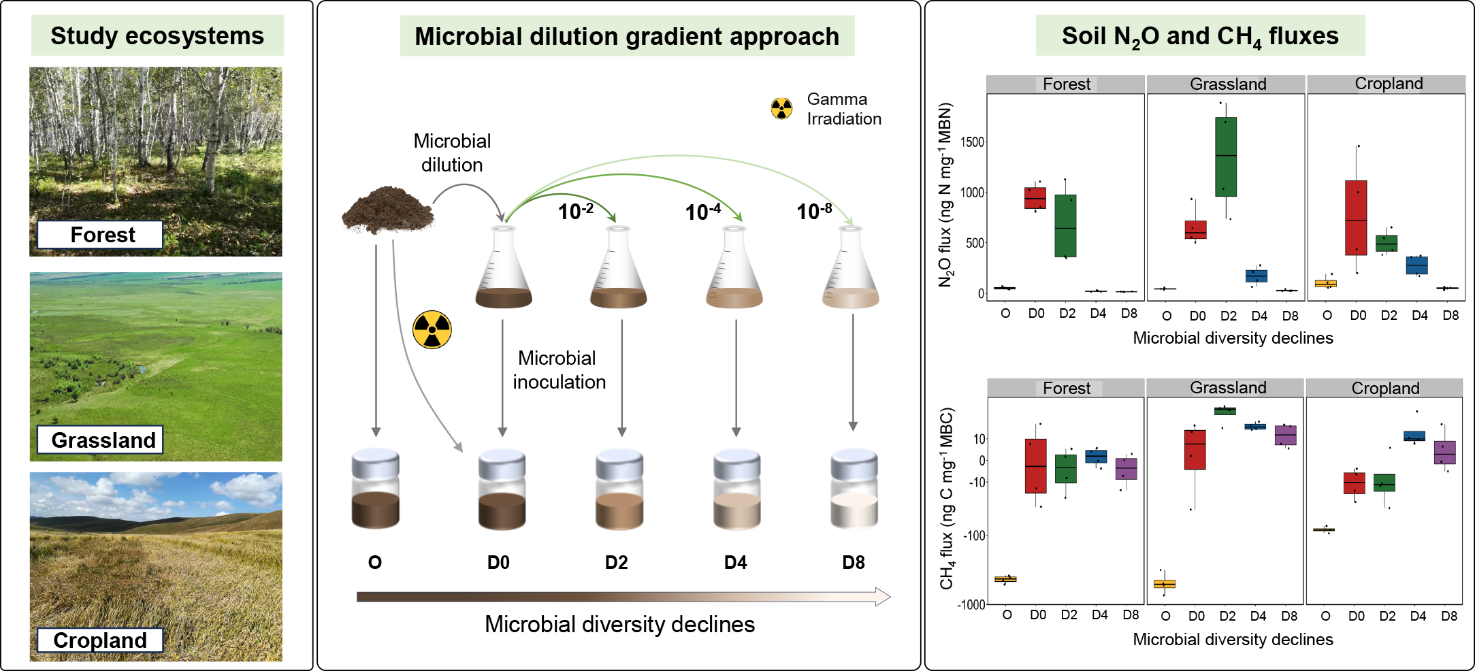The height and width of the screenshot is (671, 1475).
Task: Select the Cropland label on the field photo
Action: [100, 640]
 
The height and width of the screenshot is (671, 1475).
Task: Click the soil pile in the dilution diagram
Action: [388, 210]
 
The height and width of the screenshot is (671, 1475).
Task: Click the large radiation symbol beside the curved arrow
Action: [432, 329]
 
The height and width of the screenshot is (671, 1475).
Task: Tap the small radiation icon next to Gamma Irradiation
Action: [781, 108]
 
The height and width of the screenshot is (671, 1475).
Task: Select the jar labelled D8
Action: [854, 489]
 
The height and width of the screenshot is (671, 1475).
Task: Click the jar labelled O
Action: [375, 489]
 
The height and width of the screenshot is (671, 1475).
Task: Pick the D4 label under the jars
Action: [735, 563]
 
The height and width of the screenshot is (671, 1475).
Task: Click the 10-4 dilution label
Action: [703, 212]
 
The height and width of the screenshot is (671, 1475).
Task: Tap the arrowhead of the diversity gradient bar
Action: [883, 597]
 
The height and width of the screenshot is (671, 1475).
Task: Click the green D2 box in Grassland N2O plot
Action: [1226, 157]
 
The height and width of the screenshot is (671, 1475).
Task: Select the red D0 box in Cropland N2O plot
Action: [1356, 218]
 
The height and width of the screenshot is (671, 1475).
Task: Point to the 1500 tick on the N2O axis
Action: [972, 142]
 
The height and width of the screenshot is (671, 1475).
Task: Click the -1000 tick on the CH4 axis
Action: [971, 604]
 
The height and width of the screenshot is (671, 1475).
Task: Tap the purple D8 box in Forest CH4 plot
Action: [1126, 469]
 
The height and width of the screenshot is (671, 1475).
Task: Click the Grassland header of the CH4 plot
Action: [1228, 388]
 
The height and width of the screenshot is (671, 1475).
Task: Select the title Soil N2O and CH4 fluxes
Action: [1200, 37]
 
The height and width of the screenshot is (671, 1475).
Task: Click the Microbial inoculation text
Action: [559, 370]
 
